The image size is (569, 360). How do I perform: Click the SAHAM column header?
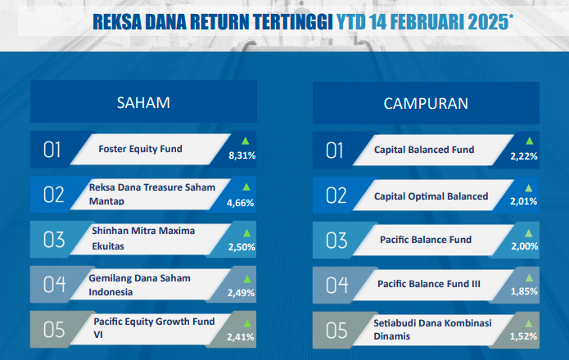[x=143, y=102]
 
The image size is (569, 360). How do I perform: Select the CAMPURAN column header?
[x=426, y=104]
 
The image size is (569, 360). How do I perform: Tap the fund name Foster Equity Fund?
[x=140, y=149]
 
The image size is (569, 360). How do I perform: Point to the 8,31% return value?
[x=242, y=155]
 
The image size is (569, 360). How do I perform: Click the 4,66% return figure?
[x=240, y=203]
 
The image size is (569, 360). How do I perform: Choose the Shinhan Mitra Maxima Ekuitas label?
[x=143, y=238]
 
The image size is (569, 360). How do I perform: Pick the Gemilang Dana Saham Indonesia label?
[x=140, y=285]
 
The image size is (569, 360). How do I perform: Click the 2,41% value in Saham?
[x=240, y=337]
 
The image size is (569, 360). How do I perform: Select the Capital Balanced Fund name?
[x=424, y=150]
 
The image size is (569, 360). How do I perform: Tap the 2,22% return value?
[x=524, y=156]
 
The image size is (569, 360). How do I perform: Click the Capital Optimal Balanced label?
[x=431, y=196]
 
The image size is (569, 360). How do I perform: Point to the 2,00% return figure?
[x=524, y=246]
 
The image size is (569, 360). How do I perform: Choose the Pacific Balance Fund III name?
[x=428, y=284]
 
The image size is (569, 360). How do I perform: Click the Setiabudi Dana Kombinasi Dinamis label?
[x=432, y=330]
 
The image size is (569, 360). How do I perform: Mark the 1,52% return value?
[x=523, y=336]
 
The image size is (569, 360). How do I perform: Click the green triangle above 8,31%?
[x=246, y=141]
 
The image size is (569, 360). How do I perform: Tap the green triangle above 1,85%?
[x=529, y=277]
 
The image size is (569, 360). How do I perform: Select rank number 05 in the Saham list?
[x=54, y=330]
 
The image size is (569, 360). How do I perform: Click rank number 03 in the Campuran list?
[x=336, y=241]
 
